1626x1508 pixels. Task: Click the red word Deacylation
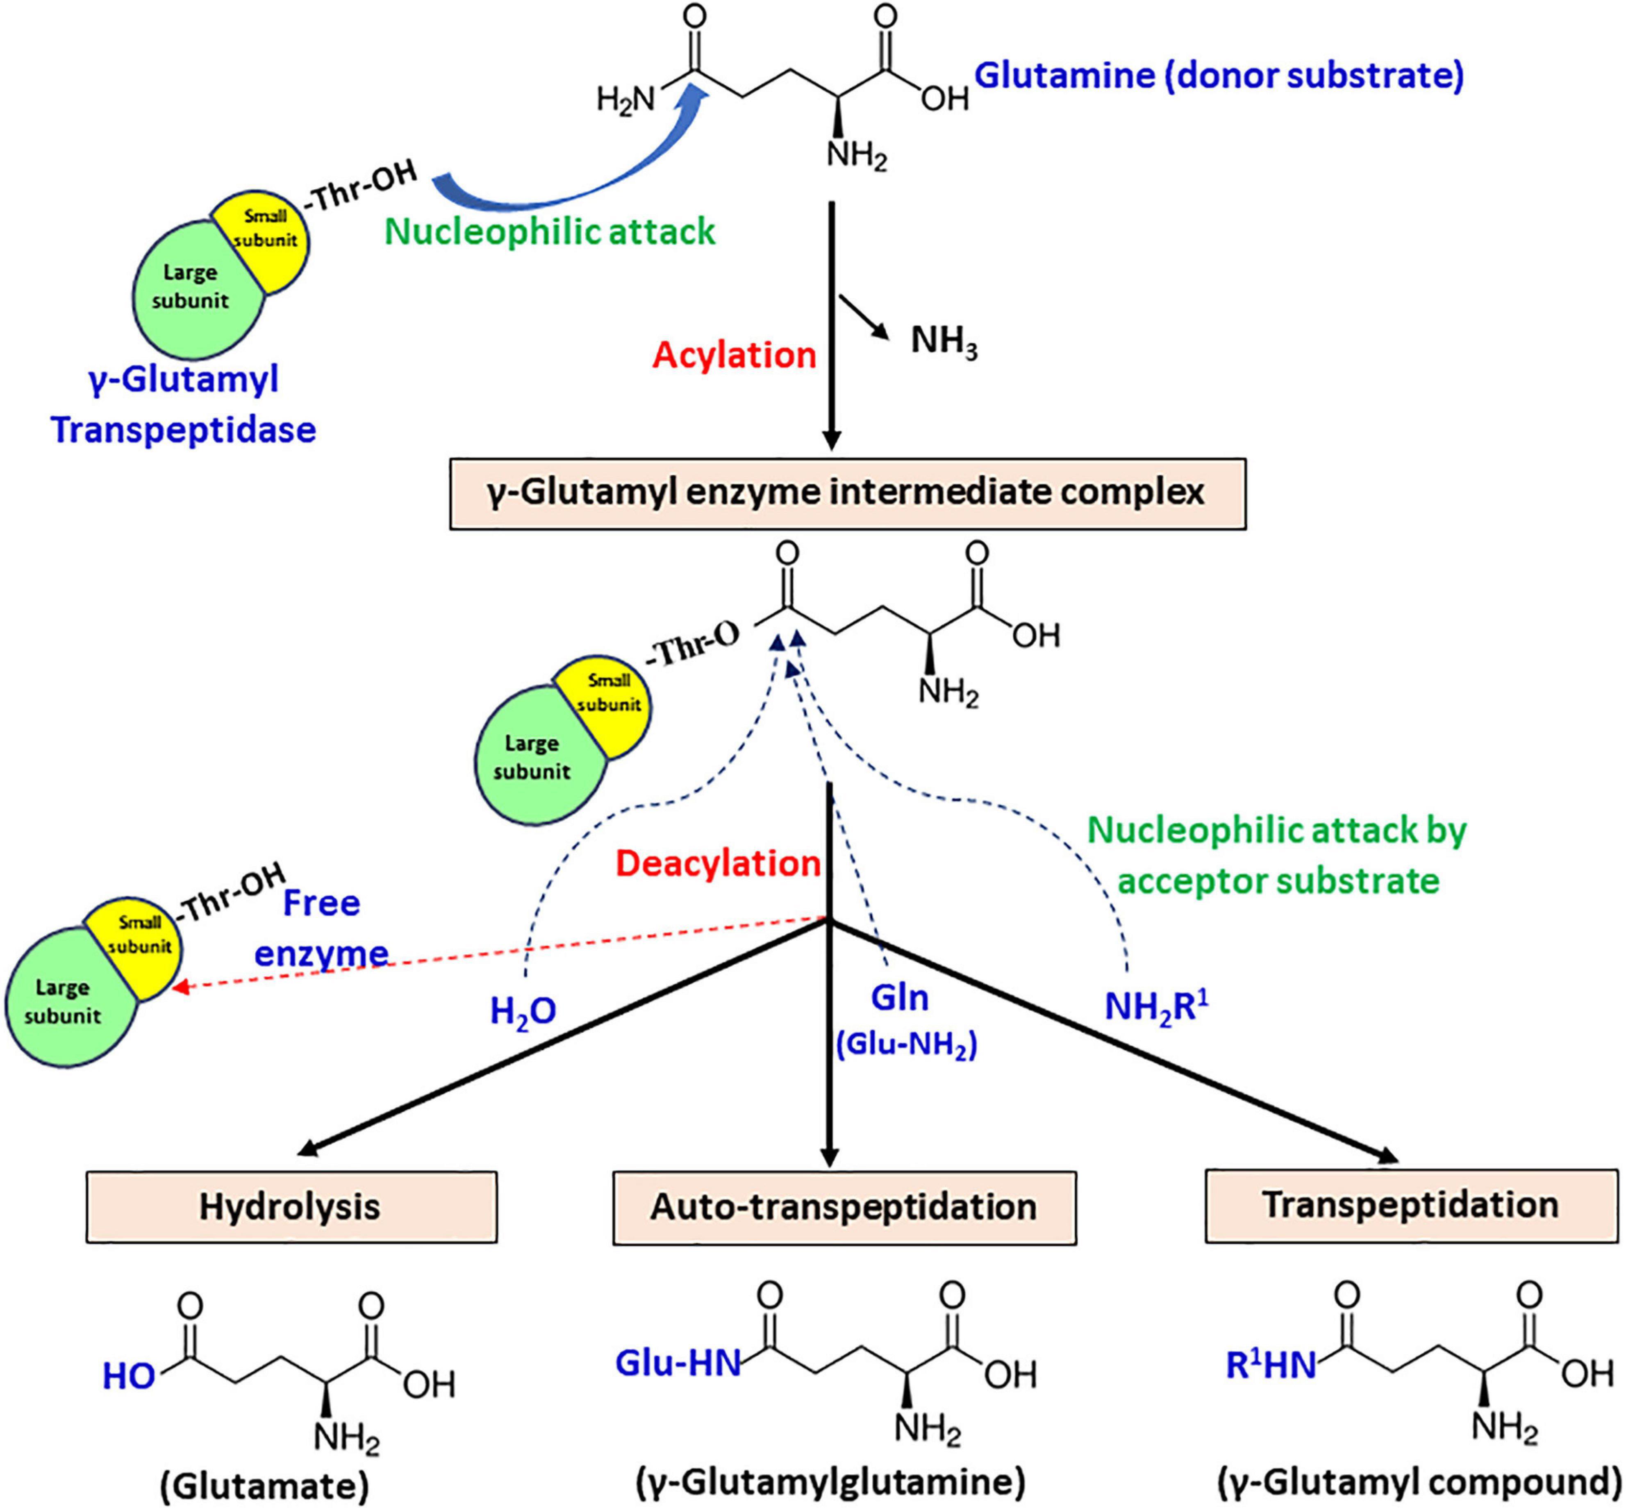point(717,863)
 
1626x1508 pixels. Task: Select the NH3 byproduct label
point(943,341)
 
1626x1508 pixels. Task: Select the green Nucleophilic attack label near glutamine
point(549,232)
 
